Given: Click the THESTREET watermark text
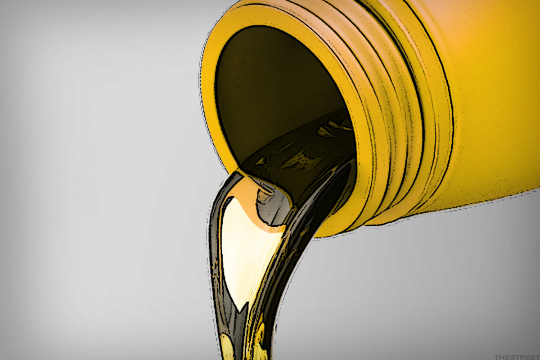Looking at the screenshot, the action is click(x=517, y=357).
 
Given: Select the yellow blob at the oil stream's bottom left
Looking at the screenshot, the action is click(x=227, y=347).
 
